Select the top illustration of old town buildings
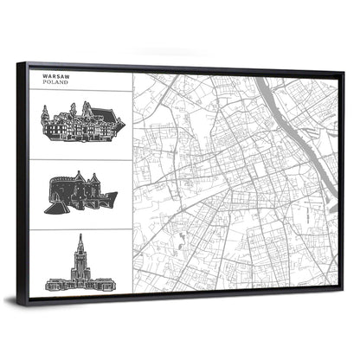tap(82, 123)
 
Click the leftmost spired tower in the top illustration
tap(46, 113)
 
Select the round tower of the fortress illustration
tap(60, 187)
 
